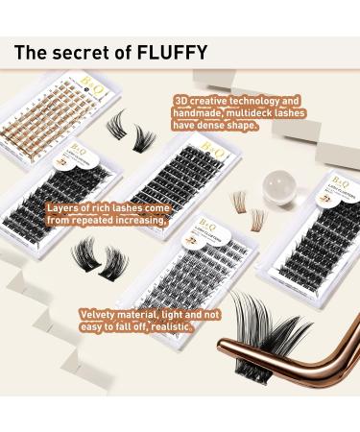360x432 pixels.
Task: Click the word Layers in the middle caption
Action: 62,206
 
